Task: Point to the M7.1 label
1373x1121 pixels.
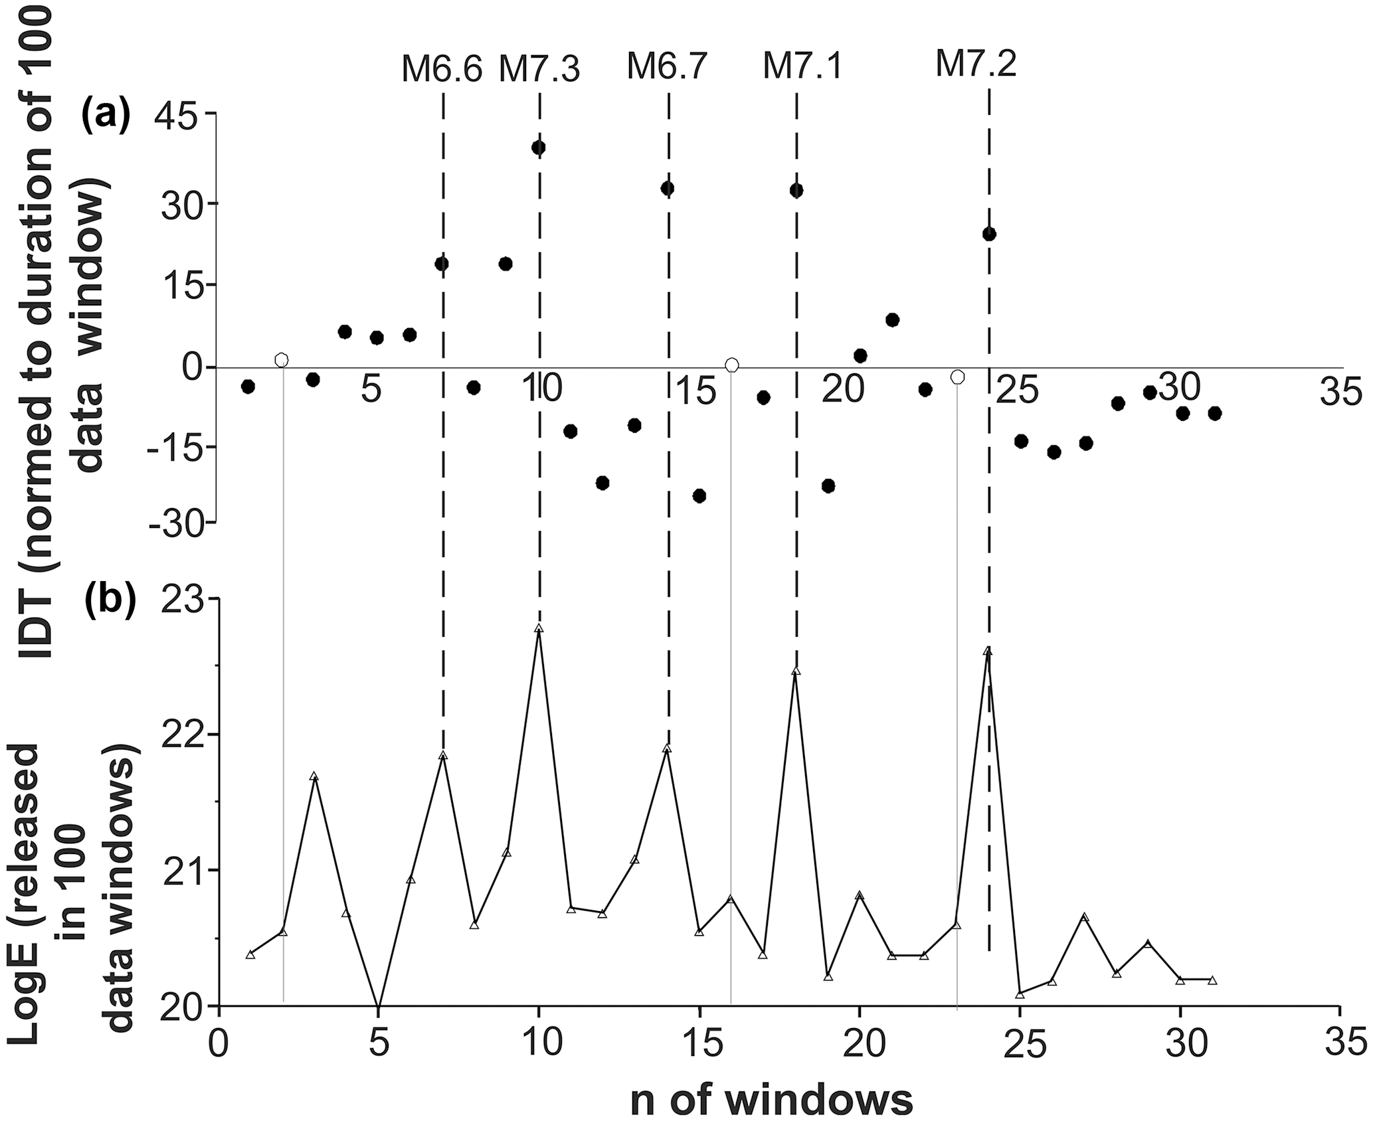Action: point(802,66)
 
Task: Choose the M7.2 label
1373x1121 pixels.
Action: point(976,64)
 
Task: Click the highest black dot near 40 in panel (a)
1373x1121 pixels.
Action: point(539,147)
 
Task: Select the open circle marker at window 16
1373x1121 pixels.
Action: point(732,365)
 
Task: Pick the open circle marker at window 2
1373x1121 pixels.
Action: point(282,359)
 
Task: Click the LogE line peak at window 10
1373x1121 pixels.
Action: point(539,628)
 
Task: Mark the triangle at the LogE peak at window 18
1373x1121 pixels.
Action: point(796,671)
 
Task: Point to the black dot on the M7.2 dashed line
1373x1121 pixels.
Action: point(989,234)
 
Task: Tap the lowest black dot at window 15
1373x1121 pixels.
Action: point(699,495)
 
